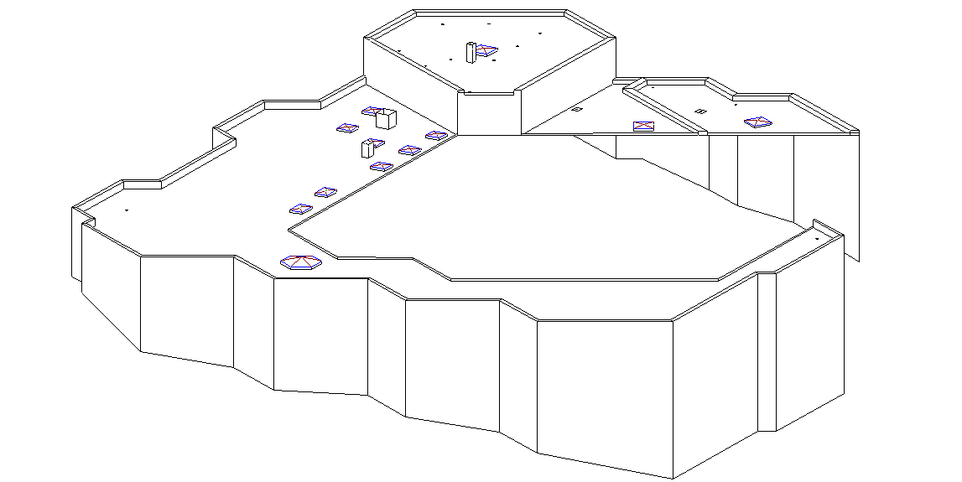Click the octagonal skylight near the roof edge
pyautogui.click(x=300, y=263)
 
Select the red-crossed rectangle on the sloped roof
pyautogui.click(x=643, y=127)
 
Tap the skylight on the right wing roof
pyautogui.click(x=757, y=122)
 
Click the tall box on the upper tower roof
pyautogui.click(x=471, y=52)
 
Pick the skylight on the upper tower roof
pyautogui.click(x=486, y=52)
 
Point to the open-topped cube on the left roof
pyautogui.click(x=386, y=118)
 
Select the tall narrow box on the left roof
pyautogui.click(x=366, y=149)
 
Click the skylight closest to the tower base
pyautogui.click(x=435, y=135)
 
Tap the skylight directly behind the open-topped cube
pyautogui.click(x=372, y=111)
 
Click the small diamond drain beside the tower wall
pyautogui.click(x=576, y=109)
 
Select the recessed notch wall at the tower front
pyautogui.click(x=490, y=114)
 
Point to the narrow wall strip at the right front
pyautogui.click(x=767, y=352)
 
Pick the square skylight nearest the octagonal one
pyautogui.click(x=300, y=209)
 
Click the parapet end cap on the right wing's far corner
pyautogui.click(x=854, y=132)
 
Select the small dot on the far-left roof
pyautogui.click(x=126, y=210)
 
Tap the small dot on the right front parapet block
pyautogui.click(x=817, y=238)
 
